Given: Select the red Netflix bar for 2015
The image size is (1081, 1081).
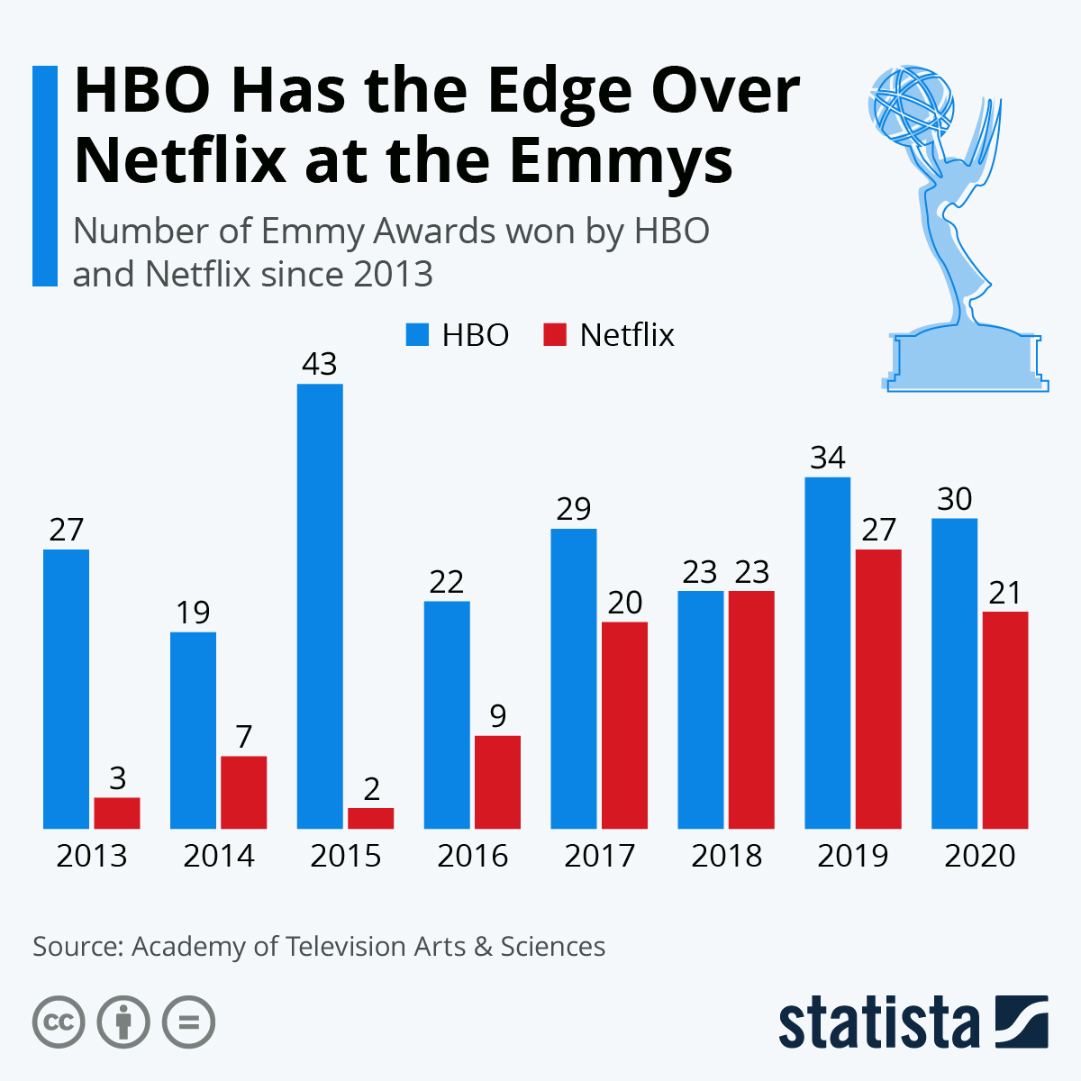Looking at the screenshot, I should pyautogui.click(x=370, y=818).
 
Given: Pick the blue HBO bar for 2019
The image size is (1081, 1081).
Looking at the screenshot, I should pyautogui.click(x=827, y=652).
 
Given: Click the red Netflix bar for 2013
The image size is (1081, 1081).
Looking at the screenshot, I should pyautogui.click(x=117, y=813).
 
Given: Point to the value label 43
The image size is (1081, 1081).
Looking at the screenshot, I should pyautogui.click(x=320, y=364).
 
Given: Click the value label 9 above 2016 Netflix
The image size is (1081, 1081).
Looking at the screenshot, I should pyautogui.click(x=497, y=716).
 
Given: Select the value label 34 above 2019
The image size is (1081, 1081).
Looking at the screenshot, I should pyautogui.click(x=827, y=458).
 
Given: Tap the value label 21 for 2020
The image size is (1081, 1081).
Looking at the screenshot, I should pyautogui.click(x=1004, y=593).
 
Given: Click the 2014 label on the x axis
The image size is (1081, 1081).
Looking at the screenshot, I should pyautogui.click(x=219, y=856).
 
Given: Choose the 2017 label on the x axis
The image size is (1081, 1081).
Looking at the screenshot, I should pyautogui.click(x=600, y=856).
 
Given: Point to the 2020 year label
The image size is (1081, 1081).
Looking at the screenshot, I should pyautogui.click(x=980, y=856).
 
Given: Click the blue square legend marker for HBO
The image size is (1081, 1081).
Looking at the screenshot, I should pyautogui.click(x=416, y=335).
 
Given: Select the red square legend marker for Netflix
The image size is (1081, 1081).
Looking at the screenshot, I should pyautogui.click(x=555, y=335).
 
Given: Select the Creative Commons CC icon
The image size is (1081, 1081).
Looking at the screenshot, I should pyautogui.click(x=59, y=1022).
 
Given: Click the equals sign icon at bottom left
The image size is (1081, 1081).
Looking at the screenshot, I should pyautogui.click(x=188, y=1022).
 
